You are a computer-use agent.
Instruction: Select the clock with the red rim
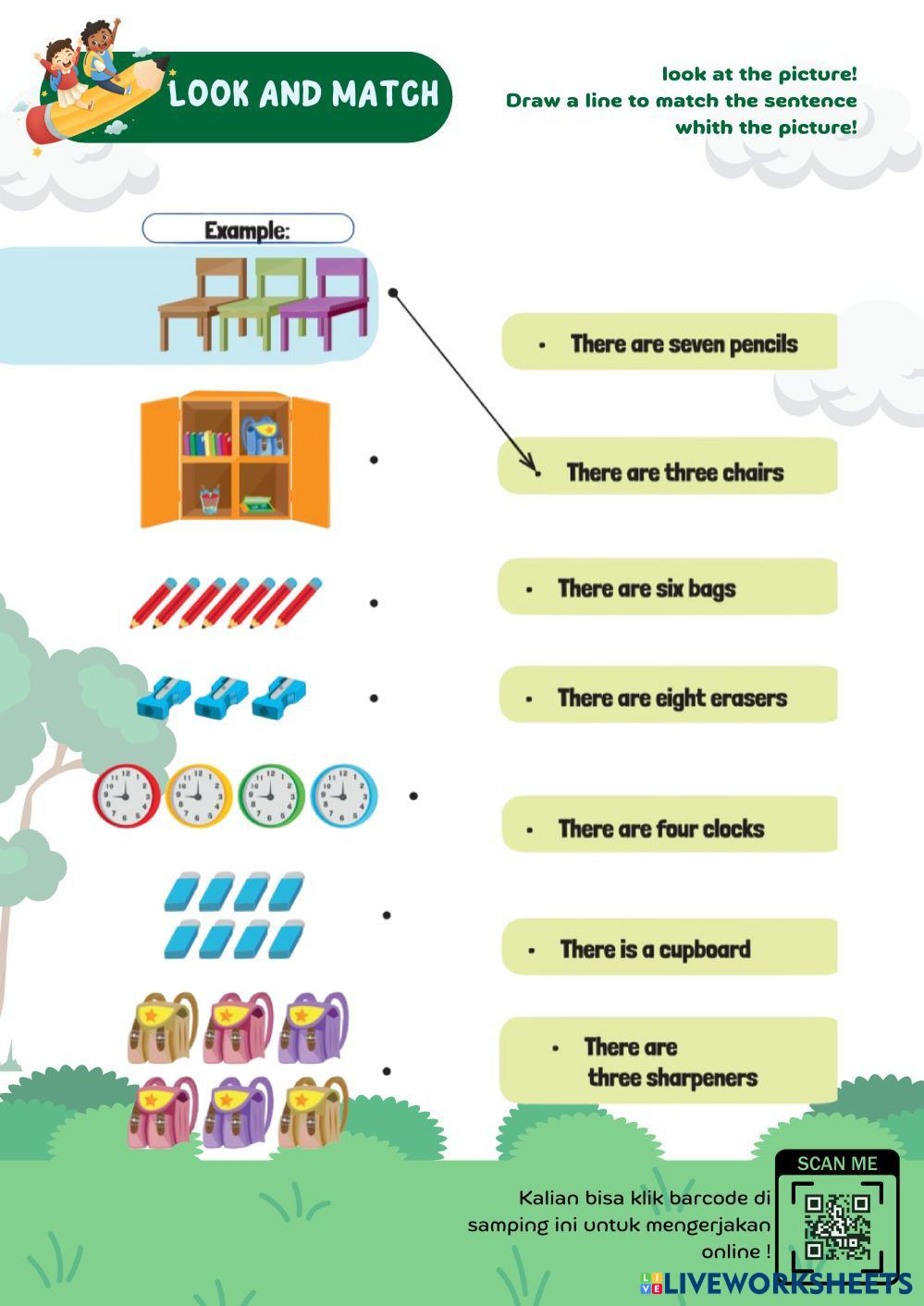(126, 795)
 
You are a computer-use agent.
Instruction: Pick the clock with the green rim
(271, 795)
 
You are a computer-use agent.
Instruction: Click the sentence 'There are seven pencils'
(683, 344)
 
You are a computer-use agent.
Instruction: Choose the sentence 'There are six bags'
(647, 588)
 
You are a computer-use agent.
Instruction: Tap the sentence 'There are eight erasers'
(671, 697)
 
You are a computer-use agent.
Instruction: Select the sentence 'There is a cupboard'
(655, 949)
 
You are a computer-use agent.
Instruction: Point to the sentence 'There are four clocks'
(660, 828)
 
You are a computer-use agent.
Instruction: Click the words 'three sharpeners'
(672, 1078)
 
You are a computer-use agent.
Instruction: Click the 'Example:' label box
(247, 229)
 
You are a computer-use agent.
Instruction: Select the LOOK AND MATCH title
(303, 94)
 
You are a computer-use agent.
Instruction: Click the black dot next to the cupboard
(374, 459)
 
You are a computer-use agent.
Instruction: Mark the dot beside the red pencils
(374, 603)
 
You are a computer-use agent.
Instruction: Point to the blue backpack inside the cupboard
(263, 434)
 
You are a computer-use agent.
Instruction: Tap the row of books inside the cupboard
(207, 443)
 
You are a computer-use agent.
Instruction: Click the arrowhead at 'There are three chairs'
(533, 468)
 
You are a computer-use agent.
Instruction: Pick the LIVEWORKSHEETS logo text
(786, 1283)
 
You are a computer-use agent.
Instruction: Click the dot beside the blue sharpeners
(374, 698)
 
